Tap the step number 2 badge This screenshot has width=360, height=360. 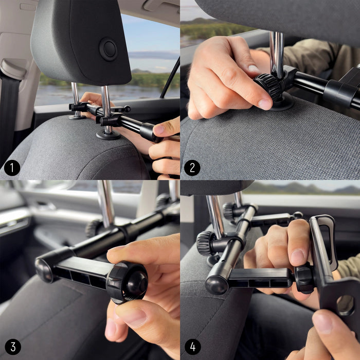pyautogui.click(x=192, y=168)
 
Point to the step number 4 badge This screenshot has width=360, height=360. pyautogui.click(x=192, y=347)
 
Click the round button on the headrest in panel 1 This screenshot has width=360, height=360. pyautogui.click(x=108, y=49)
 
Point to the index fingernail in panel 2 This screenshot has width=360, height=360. pyautogui.click(x=264, y=104)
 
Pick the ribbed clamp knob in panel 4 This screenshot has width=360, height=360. pyautogui.click(x=206, y=242)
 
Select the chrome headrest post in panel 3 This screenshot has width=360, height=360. pyautogui.click(x=107, y=203)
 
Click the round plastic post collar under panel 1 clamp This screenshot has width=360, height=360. pyautogui.click(x=108, y=135)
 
